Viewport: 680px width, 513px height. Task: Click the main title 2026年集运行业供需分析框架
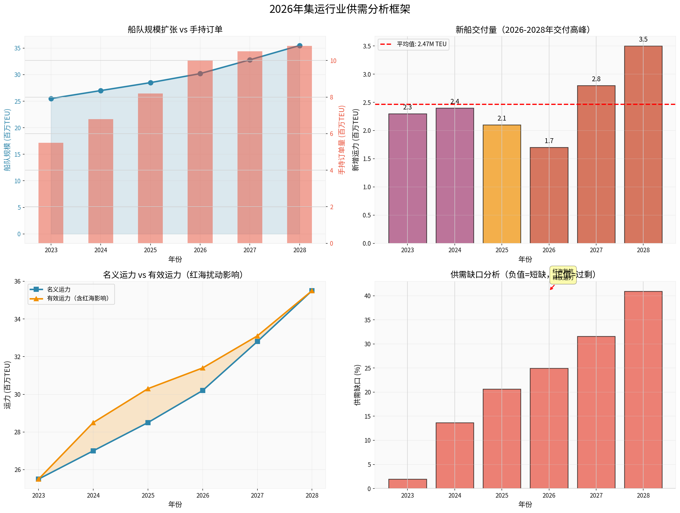tap(340, 9)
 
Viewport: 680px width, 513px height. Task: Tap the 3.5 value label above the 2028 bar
tap(643, 39)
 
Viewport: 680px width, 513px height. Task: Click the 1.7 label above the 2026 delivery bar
tap(549, 141)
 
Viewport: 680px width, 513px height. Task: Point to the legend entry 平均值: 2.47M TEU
tap(413, 44)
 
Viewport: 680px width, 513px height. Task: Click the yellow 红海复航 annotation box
tap(563, 275)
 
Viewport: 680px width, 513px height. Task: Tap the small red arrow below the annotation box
tap(552, 287)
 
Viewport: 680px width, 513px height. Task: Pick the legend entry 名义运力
tap(58, 290)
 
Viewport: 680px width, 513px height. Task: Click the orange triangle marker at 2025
tap(148, 389)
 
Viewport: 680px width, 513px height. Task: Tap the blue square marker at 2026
tap(203, 390)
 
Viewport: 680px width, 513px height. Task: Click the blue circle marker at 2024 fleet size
tap(101, 91)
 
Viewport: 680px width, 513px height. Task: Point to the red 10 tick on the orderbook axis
tap(333, 61)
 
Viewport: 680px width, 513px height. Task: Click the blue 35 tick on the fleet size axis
tap(17, 48)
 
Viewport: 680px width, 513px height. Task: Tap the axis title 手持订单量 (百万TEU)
tap(342, 140)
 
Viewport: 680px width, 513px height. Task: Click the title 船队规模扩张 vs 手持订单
tap(175, 30)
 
